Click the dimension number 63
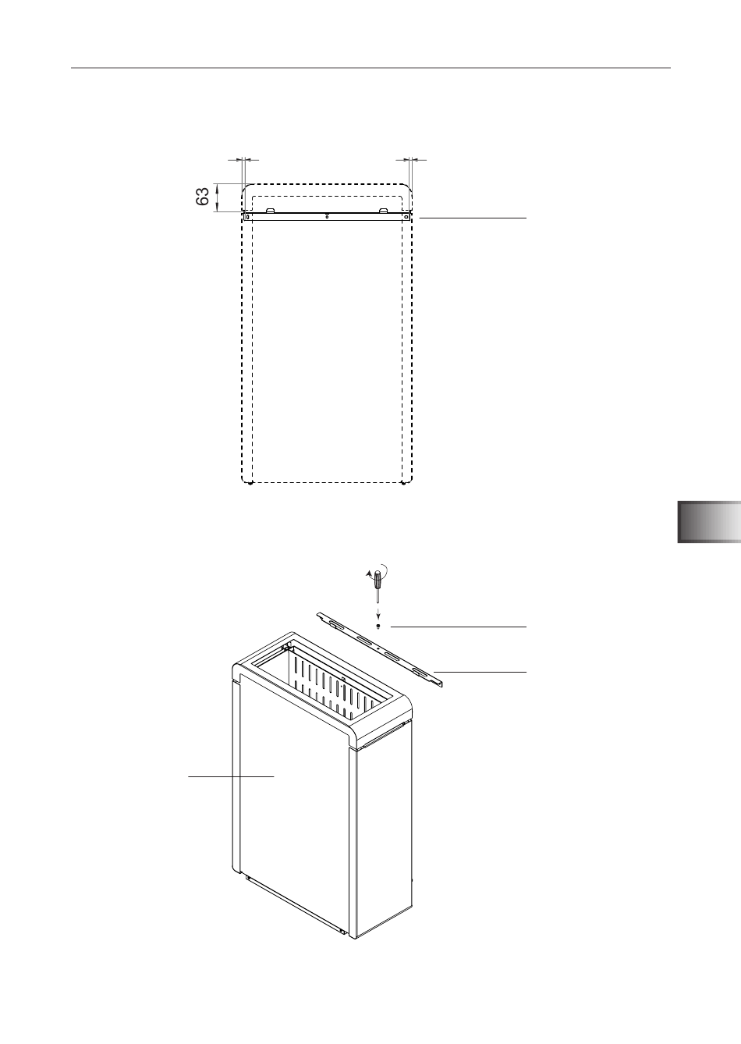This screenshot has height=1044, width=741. pyautogui.click(x=202, y=197)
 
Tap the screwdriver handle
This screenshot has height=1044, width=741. pyautogui.click(x=378, y=581)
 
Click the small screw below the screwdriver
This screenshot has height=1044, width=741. pyautogui.click(x=378, y=626)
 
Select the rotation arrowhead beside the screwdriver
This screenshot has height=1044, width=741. pyautogui.click(x=369, y=576)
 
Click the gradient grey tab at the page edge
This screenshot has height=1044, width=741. pyautogui.click(x=709, y=522)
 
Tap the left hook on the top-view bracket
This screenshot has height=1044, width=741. pyautogui.click(x=270, y=210)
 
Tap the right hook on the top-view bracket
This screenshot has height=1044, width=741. pyautogui.click(x=383, y=210)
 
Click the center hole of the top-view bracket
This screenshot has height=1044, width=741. pyautogui.click(x=327, y=217)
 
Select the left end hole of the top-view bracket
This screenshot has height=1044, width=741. pyautogui.click(x=248, y=217)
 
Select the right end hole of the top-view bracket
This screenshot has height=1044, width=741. pyautogui.click(x=406, y=217)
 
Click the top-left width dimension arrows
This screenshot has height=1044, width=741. pyautogui.click(x=243, y=160)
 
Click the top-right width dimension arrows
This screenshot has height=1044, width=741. pyautogui.click(x=410, y=160)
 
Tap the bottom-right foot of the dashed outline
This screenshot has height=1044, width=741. pyautogui.click(x=402, y=484)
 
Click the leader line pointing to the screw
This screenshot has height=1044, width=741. pyautogui.click(x=459, y=627)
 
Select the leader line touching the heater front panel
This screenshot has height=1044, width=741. pyautogui.click(x=231, y=776)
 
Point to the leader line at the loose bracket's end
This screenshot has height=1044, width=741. pyautogui.click(x=480, y=672)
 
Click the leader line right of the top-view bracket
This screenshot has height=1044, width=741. pyautogui.click(x=473, y=218)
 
